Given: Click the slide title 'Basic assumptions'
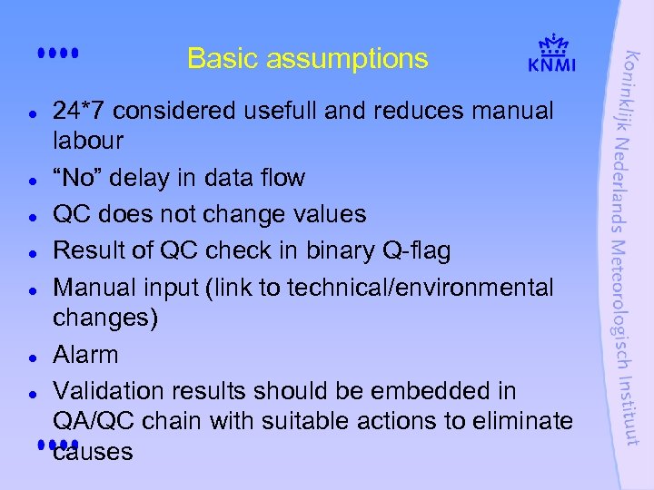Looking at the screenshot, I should coord(307,59).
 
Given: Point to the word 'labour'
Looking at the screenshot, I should coord(88,142).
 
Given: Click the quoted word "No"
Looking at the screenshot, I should coord(77,178).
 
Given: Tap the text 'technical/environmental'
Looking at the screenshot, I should coord(420,288).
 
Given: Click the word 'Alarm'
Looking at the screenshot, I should coord(86,355).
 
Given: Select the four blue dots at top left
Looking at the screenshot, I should coord(60,54).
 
